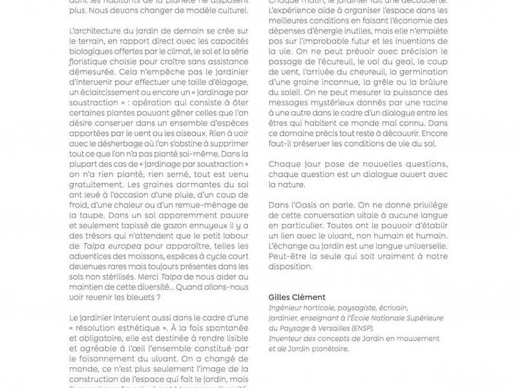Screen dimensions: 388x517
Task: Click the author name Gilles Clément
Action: click(x=297, y=297)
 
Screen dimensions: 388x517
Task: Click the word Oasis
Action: click(x=308, y=204)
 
